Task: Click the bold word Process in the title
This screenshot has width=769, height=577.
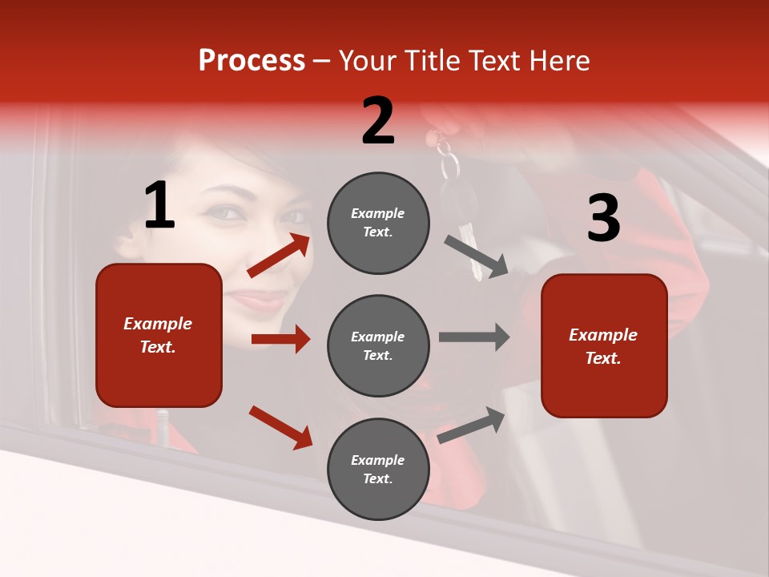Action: click(252, 61)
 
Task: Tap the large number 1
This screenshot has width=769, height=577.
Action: click(159, 206)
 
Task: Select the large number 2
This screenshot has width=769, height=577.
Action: click(378, 121)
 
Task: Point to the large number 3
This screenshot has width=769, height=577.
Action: click(603, 219)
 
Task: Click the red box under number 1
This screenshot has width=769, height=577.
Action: click(159, 335)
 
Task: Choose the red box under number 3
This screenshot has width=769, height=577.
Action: click(604, 345)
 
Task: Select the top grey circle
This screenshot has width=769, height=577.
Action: click(378, 223)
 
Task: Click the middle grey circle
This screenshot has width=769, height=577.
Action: click(378, 345)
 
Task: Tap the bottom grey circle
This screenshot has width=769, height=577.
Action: click(378, 469)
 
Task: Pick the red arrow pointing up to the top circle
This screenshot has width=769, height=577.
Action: click(279, 256)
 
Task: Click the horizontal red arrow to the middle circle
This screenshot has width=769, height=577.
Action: click(280, 339)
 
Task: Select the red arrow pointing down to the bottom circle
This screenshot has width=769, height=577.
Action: click(280, 427)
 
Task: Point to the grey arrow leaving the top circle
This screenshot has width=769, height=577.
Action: click(477, 256)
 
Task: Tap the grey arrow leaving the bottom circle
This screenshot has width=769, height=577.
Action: click(472, 425)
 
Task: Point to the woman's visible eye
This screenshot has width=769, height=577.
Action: click(224, 212)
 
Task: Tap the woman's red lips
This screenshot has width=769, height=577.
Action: click(258, 300)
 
